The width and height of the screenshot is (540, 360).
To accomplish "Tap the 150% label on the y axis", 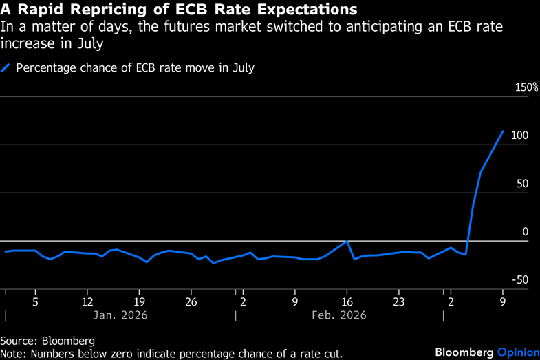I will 526,87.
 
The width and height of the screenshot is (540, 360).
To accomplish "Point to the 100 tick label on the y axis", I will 519,136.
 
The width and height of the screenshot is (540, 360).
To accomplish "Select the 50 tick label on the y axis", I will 522,184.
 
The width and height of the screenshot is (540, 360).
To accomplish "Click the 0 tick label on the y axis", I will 525,232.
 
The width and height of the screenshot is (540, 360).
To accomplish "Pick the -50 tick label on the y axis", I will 519,279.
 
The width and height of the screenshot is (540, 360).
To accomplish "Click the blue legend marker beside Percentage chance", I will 6,67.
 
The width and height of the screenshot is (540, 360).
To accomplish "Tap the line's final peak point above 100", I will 503,131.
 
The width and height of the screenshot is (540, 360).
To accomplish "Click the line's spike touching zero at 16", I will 347,241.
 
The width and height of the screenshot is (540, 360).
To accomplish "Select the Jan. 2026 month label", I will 120,315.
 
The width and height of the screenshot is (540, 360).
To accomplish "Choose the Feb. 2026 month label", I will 338,315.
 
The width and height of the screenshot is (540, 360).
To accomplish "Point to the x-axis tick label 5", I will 35,301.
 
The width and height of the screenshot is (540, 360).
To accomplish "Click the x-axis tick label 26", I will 191,301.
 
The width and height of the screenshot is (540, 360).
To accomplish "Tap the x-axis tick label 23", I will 399,301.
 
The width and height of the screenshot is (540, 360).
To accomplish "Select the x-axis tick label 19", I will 139,301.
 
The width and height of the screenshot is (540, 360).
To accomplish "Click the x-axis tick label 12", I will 87,301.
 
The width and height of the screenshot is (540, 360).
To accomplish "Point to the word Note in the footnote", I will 13,353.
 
